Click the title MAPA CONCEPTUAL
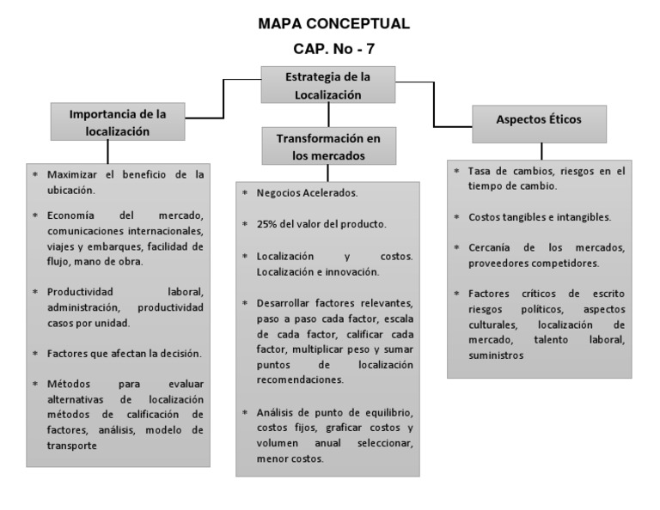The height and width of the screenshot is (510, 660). [x=334, y=23]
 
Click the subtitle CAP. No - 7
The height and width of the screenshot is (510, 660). [x=334, y=50]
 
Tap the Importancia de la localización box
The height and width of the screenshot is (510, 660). [x=117, y=123]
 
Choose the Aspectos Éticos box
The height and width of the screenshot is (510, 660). [x=539, y=119]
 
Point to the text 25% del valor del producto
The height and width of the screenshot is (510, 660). [x=321, y=224]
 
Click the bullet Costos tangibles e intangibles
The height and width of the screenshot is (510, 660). [x=539, y=216]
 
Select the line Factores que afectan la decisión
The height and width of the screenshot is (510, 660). [x=124, y=353]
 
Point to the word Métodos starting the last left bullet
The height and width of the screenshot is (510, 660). [x=69, y=385]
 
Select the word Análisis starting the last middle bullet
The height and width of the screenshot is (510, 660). [x=277, y=413]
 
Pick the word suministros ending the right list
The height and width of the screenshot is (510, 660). [x=496, y=355]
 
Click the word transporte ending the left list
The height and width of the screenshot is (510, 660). [x=72, y=446]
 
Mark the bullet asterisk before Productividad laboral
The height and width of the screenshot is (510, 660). [x=35, y=292]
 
